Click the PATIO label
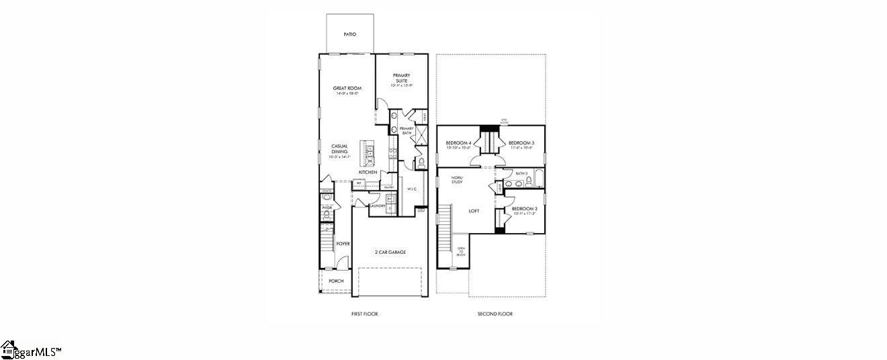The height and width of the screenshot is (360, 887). [x=349, y=34]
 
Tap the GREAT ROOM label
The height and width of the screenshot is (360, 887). [x=347, y=89]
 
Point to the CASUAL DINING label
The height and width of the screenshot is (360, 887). [x=339, y=149]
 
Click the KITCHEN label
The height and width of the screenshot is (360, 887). [x=368, y=173]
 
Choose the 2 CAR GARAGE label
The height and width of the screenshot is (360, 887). [x=390, y=253]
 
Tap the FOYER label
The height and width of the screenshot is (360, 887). [x=343, y=244]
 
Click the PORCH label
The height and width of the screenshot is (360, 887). [x=336, y=281]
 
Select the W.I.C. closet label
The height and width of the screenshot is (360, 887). [x=412, y=189]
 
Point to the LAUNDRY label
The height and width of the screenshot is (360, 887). [x=377, y=206]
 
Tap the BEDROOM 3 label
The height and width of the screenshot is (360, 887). [x=521, y=143]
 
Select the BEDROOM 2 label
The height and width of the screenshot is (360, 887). [x=523, y=209]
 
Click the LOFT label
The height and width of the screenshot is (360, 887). [x=474, y=211]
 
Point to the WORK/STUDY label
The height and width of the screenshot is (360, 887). [x=457, y=179]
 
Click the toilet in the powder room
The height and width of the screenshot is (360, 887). [x=327, y=215]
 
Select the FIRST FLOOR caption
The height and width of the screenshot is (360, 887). [x=364, y=314]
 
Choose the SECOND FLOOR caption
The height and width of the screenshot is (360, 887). [x=495, y=314]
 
